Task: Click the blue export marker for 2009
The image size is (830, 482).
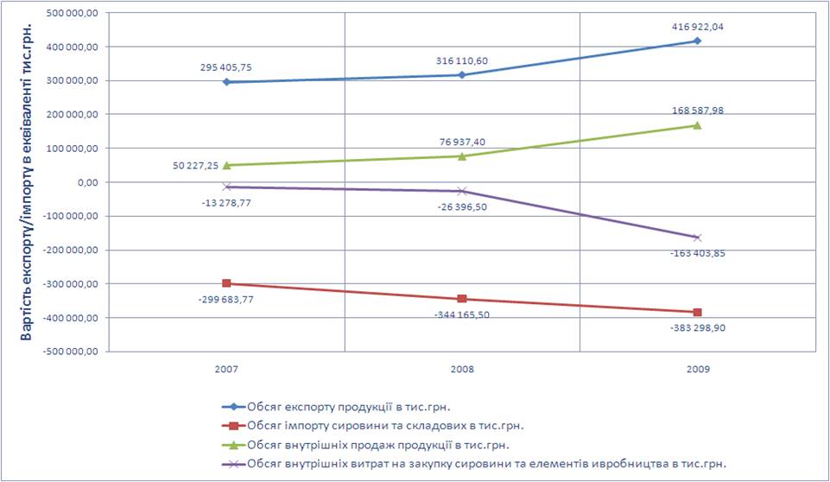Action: [697, 41]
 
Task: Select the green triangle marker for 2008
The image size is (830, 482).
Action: [462, 156]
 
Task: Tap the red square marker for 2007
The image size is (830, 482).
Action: [226, 283]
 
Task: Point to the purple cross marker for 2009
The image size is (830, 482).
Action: [697, 238]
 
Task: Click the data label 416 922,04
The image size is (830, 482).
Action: [696, 27]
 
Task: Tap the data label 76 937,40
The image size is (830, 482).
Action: [462, 141]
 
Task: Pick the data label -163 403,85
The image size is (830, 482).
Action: [696, 253]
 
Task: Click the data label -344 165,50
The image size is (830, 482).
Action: [462, 314]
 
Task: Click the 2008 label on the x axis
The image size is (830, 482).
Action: [462, 369]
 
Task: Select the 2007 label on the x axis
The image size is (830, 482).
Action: [226, 369]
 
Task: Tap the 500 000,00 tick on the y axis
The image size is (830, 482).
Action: [74, 13]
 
